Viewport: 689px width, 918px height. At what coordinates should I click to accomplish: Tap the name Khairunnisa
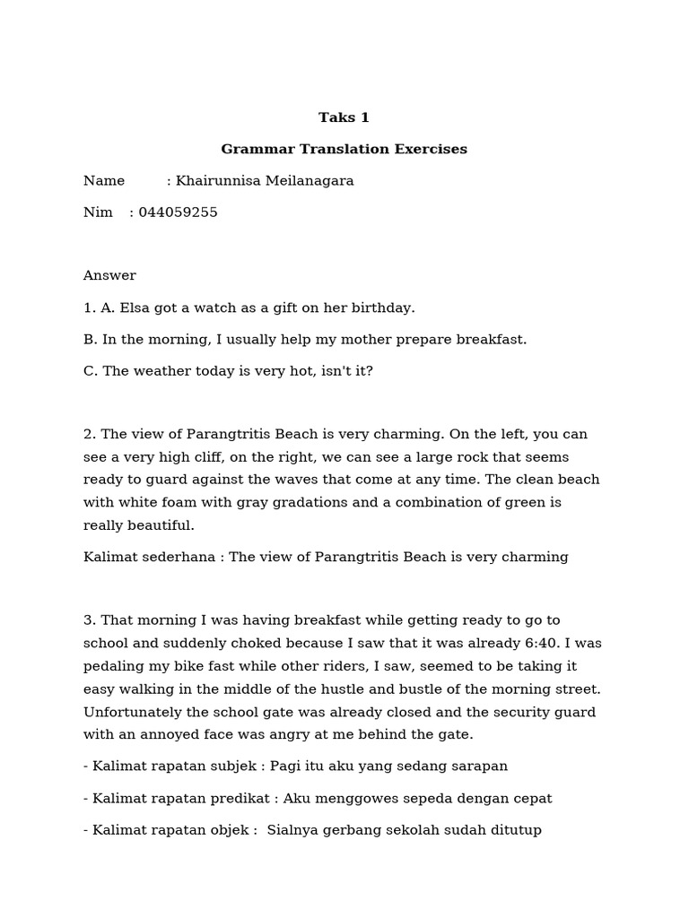pos(215,181)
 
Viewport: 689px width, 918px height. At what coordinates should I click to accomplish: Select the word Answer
pos(109,276)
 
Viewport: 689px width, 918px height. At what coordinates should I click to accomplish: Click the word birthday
pos(382,307)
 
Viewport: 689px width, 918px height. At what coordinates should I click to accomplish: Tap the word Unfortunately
pos(134,712)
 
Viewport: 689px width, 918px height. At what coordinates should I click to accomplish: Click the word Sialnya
pos(294,830)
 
